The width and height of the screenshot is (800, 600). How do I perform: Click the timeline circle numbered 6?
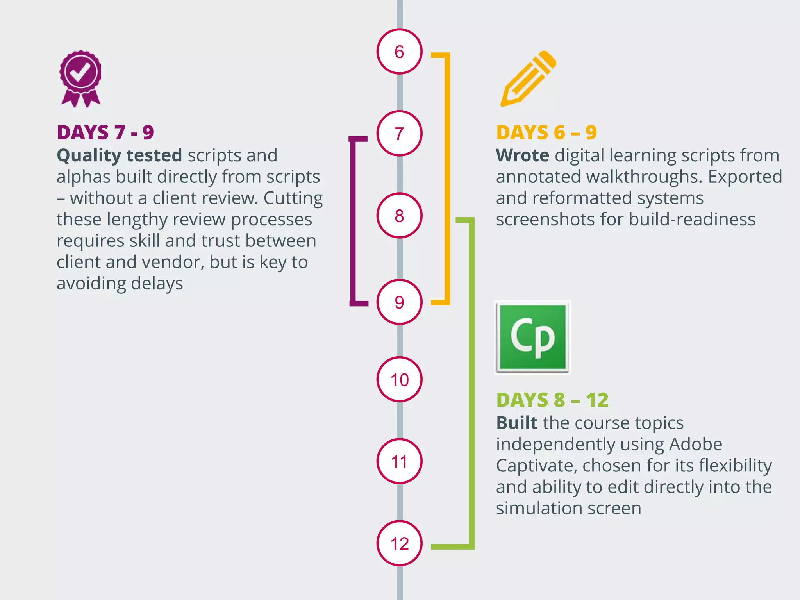[x=399, y=52]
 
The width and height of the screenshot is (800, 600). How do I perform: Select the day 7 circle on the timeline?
[x=399, y=134]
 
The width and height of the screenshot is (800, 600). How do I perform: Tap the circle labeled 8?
[x=399, y=216]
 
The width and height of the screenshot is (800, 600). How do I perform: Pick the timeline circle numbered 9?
[x=399, y=302]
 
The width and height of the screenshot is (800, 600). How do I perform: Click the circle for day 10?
[x=399, y=379]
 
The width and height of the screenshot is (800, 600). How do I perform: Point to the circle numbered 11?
[x=399, y=461]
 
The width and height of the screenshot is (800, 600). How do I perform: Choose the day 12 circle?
[x=399, y=543]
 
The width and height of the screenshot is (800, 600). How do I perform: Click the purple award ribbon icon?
[x=80, y=78]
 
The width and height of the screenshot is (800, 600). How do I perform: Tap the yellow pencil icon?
[x=529, y=78]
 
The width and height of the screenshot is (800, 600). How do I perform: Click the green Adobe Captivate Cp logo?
[x=532, y=337]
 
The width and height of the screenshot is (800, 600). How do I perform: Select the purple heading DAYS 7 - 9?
[x=105, y=132]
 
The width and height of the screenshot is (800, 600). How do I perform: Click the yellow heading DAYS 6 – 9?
[x=546, y=132]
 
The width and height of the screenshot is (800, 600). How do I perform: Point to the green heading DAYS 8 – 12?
[x=552, y=400]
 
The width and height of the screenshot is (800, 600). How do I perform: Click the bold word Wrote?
[x=523, y=155]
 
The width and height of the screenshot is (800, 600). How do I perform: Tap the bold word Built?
[x=517, y=423]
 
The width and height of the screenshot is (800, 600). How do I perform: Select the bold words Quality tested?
[x=119, y=155]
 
